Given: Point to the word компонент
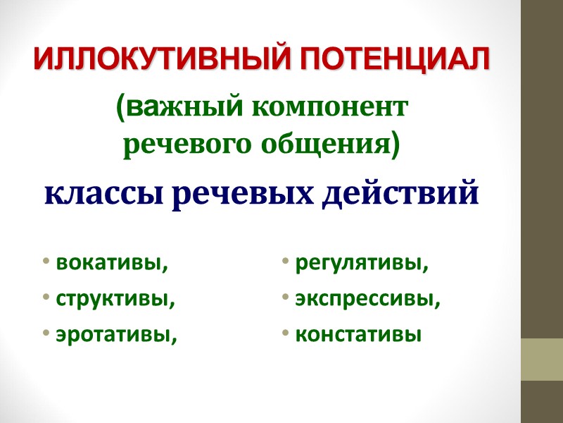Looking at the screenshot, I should [x=328, y=109].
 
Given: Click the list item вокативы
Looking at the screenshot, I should [x=113, y=264].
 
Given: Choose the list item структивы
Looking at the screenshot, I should [x=115, y=299].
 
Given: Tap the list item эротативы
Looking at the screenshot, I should [x=116, y=333].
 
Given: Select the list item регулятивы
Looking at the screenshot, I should [x=362, y=264].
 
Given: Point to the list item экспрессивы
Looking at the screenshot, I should [x=368, y=299].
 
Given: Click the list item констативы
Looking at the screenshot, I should [x=358, y=333].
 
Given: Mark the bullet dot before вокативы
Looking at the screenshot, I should [x=45, y=265].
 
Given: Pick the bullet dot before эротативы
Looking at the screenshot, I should [x=45, y=333].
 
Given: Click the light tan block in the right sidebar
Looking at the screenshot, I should [x=541, y=360].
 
